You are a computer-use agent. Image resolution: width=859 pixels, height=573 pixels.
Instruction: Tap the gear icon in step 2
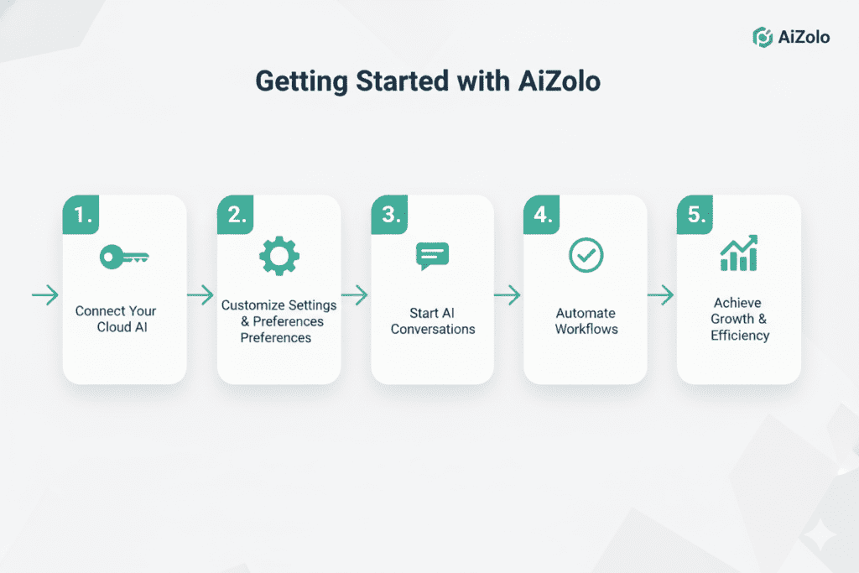(x=279, y=257)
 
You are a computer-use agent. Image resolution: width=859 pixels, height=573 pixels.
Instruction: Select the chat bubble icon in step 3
(x=433, y=256)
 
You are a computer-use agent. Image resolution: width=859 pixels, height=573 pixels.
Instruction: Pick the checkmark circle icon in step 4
(x=585, y=255)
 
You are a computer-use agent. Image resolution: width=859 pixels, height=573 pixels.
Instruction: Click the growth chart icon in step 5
(x=738, y=254)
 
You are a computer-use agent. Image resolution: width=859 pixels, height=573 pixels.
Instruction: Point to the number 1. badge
(x=82, y=215)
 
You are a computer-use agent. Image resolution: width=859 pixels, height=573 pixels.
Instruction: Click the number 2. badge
(x=237, y=215)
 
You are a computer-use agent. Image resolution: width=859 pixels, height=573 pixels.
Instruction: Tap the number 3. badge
(x=390, y=215)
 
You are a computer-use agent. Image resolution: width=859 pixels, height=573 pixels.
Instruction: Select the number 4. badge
(x=543, y=215)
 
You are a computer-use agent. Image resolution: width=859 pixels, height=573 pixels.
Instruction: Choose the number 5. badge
(x=696, y=215)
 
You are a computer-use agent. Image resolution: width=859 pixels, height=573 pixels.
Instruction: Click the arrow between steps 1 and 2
(x=200, y=294)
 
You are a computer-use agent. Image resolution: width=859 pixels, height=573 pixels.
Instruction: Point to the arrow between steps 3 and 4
(x=507, y=294)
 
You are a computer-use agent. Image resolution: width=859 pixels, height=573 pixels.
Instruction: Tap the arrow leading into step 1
(x=45, y=294)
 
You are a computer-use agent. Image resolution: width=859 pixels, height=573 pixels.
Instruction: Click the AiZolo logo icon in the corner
(x=762, y=38)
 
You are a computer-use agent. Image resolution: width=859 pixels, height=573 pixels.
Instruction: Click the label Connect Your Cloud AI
(x=116, y=319)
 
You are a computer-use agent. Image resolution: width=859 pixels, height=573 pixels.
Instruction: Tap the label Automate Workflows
(x=586, y=321)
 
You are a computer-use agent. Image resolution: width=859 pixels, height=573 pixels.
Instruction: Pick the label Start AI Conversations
(x=433, y=321)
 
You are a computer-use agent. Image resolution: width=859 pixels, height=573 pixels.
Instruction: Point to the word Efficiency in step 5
(x=740, y=336)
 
